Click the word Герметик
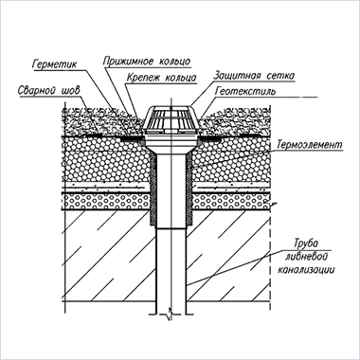click(54, 64)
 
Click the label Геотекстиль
click(245, 92)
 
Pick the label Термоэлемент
click(310, 145)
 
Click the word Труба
click(306, 244)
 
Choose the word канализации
click(306, 270)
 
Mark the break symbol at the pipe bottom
click(171, 314)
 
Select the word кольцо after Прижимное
click(173, 62)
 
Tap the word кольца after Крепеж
click(180, 78)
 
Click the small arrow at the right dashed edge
click(273, 204)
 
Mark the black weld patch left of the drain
click(131, 138)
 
